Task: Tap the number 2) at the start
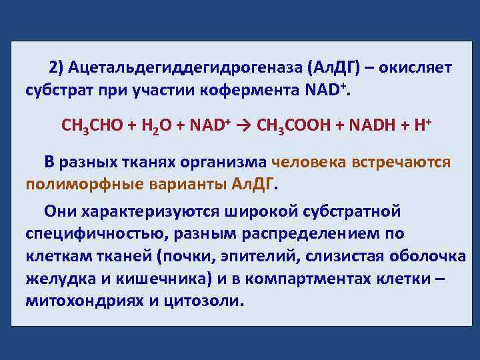pyautogui.click(x=55, y=68)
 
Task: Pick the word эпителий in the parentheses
pyautogui.click(x=256, y=257)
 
